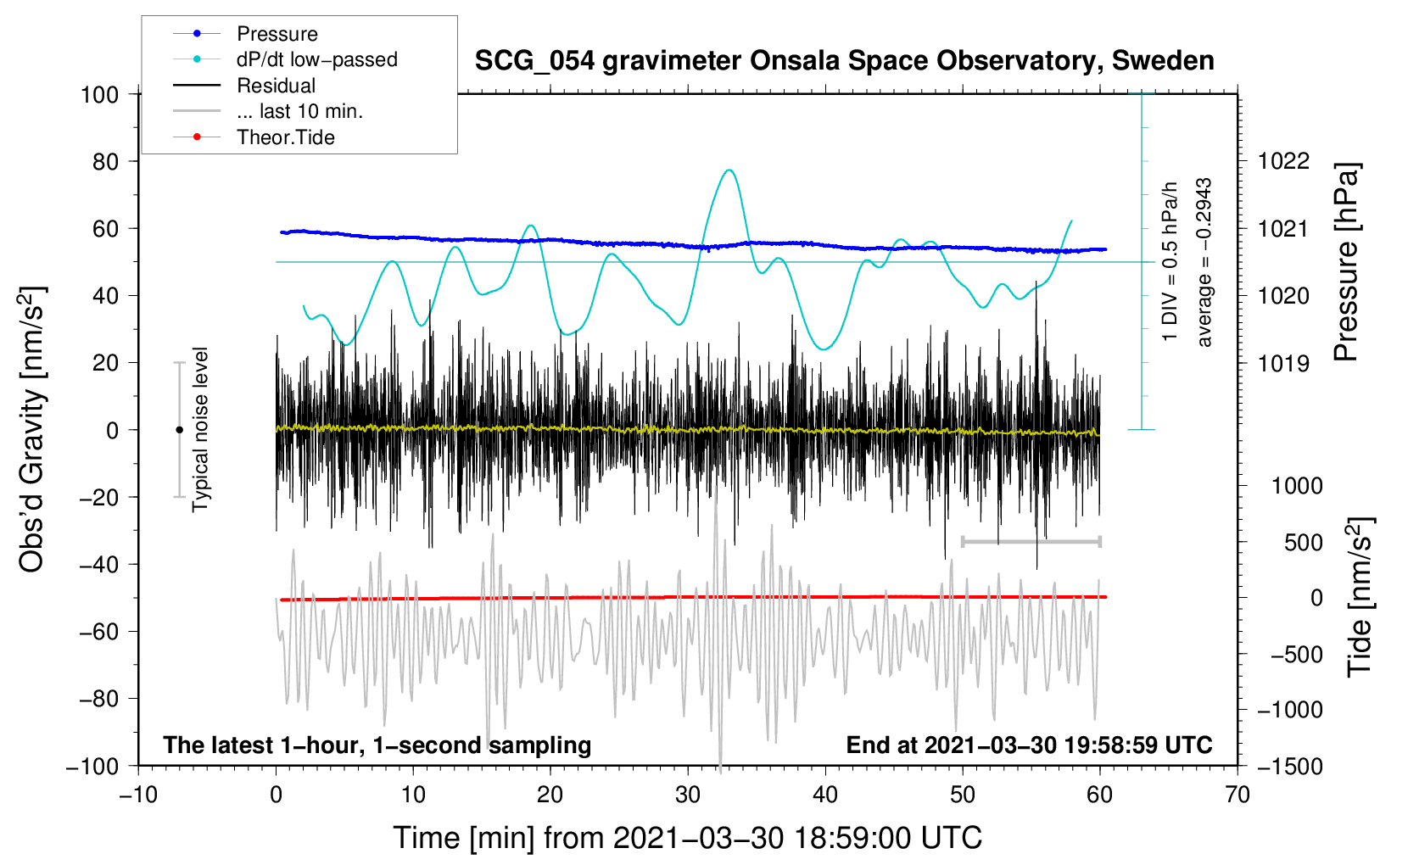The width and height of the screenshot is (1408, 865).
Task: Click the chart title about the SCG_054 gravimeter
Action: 844,61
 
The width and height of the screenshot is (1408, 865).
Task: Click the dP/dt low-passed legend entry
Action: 316,59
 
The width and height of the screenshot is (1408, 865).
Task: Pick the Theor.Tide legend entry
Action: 285,137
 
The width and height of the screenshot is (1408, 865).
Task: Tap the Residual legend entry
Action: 276,86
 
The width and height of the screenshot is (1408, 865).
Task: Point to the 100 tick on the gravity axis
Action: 99,94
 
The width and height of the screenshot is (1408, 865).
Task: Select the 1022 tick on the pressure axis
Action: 1283,161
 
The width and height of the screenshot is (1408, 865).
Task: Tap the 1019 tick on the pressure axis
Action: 1283,363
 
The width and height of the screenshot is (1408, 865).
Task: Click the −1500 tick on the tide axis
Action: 1289,766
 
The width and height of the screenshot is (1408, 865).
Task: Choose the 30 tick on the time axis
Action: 688,795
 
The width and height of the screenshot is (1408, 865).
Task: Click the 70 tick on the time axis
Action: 1238,795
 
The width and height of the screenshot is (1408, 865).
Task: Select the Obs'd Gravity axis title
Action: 31,430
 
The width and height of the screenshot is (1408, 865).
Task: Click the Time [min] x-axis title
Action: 687,838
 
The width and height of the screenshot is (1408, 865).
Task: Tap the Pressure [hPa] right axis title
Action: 1346,262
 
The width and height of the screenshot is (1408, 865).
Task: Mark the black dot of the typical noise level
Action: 179,430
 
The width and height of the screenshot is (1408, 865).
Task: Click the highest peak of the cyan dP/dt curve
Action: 729,170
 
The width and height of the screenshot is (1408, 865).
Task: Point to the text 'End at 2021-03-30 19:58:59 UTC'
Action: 1029,745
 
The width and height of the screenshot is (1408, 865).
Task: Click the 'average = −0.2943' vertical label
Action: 1204,262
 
